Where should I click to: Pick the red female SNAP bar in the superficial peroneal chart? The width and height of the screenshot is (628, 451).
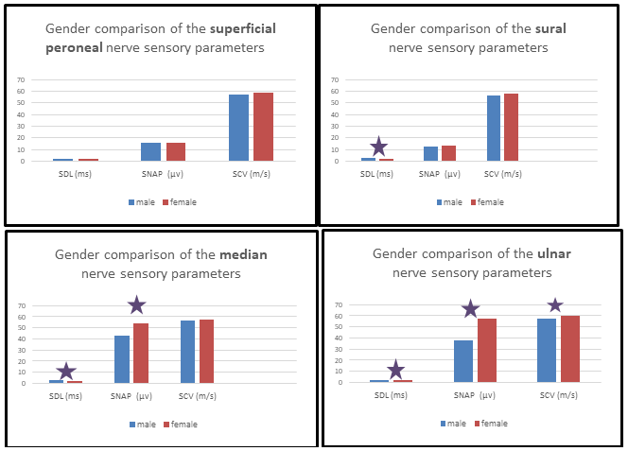pyautogui.click(x=176, y=152)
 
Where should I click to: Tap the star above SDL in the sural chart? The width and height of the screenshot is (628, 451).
pyautogui.click(x=378, y=147)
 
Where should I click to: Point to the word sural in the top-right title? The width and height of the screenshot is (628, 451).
pyautogui.click(x=550, y=28)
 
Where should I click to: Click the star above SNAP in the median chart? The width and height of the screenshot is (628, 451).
pyautogui.click(x=136, y=304)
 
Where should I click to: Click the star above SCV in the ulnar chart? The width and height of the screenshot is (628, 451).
pyautogui.click(x=555, y=305)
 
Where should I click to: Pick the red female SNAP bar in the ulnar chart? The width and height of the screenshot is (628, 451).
pyautogui.click(x=487, y=350)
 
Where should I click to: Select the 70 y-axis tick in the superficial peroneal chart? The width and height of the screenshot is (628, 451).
pyautogui.click(x=20, y=79)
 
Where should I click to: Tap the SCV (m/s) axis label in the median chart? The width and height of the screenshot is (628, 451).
pyautogui.click(x=200, y=395)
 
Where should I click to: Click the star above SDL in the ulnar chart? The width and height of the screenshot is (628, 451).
pyautogui.click(x=395, y=370)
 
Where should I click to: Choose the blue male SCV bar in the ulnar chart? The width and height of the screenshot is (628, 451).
pyautogui.click(x=547, y=350)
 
